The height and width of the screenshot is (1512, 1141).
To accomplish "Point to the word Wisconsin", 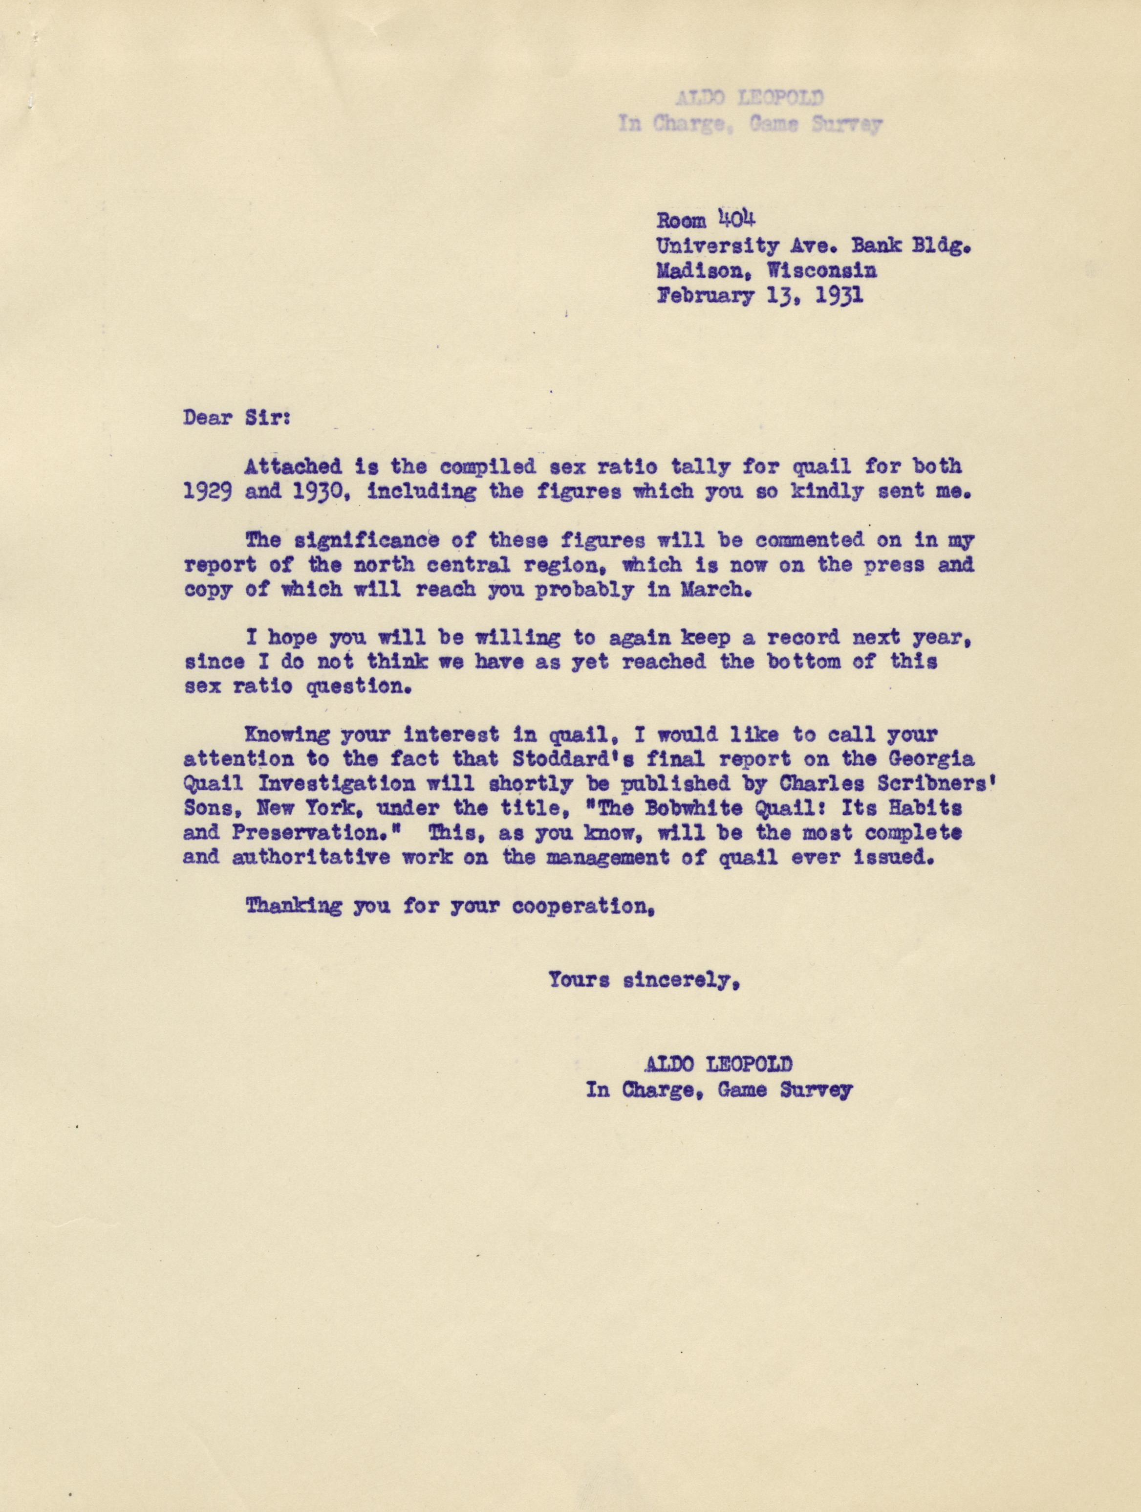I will pos(822,271).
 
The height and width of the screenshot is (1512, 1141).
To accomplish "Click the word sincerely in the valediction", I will pos(683,981).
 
